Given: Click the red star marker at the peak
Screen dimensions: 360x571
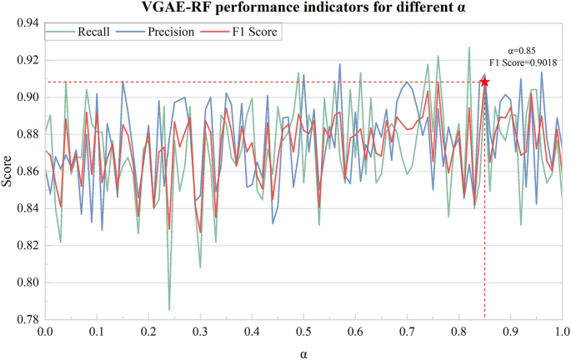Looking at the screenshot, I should [484, 82].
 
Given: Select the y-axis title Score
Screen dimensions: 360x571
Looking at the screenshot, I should [8, 171].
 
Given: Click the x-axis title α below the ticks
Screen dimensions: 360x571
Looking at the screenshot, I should [305, 353].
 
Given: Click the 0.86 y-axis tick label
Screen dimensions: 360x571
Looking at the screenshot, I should [27, 172].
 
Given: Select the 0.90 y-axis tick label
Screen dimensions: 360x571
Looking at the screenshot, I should [27, 97].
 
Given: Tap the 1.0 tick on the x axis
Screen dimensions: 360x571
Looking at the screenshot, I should [563, 332].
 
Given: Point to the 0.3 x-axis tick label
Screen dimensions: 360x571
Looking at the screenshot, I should [201, 332].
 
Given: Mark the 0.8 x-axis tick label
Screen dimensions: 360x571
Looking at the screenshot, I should [460, 332].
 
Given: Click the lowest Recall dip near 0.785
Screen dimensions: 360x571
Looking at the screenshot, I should [169, 310].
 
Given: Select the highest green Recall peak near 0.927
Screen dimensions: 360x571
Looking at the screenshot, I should [468, 47].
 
